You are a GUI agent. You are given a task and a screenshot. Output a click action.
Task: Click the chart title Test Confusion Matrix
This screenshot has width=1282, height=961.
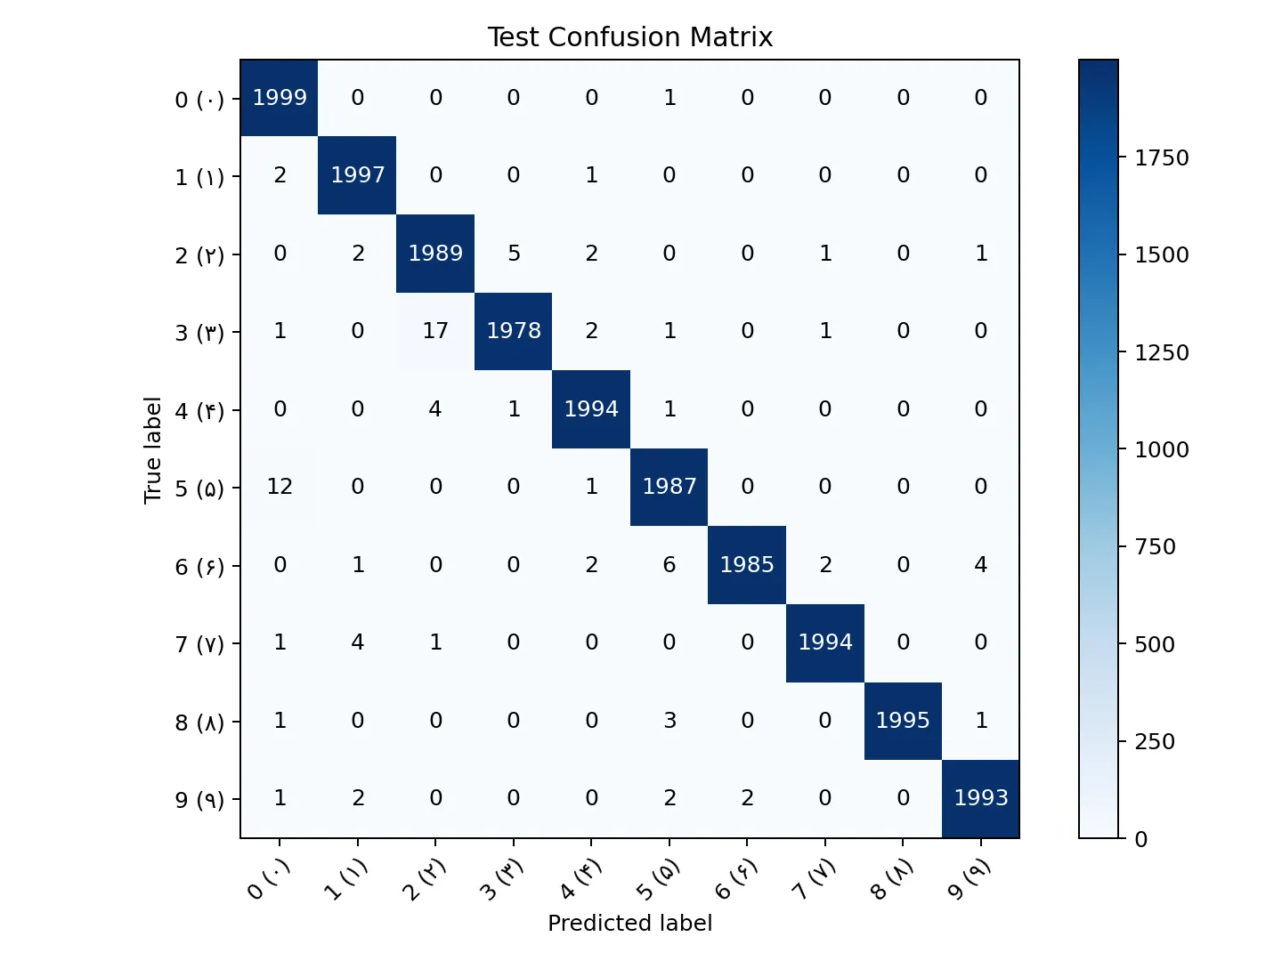tap(629, 37)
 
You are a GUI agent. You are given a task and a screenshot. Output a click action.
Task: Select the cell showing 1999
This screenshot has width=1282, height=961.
tap(280, 98)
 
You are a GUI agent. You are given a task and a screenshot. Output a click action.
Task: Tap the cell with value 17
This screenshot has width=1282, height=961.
tap(435, 331)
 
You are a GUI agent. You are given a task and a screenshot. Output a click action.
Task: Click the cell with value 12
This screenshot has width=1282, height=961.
tap(280, 487)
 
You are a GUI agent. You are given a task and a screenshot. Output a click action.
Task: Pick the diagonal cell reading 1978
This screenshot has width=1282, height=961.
tap(514, 331)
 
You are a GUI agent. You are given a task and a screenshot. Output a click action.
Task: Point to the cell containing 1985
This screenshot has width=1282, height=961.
tap(747, 565)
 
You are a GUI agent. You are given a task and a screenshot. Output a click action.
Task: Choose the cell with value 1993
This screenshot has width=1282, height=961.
tap(980, 798)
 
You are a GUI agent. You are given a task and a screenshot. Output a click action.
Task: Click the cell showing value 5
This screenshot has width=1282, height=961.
tap(514, 254)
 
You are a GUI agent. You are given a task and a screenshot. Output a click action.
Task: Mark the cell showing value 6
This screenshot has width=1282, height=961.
tap(669, 565)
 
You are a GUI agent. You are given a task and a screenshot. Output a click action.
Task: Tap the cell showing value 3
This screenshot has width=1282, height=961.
tap(669, 721)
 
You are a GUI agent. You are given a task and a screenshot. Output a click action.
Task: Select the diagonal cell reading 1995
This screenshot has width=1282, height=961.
tap(903, 721)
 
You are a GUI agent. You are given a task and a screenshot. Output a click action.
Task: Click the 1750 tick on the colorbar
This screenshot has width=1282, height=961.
tap(1161, 158)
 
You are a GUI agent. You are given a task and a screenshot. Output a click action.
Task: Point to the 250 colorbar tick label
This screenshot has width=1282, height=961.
tap(1154, 742)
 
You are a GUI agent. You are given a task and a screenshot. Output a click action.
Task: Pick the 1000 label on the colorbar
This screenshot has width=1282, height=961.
tap(1161, 450)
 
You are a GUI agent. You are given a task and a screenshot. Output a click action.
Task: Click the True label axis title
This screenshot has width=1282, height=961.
tap(153, 449)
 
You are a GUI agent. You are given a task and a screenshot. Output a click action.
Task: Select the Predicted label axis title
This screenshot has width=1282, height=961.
tap(629, 924)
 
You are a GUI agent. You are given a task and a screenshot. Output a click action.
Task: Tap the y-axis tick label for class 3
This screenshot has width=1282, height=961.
tap(199, 333)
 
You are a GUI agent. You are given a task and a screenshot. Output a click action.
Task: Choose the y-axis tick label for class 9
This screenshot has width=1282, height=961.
tap(199, 800)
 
